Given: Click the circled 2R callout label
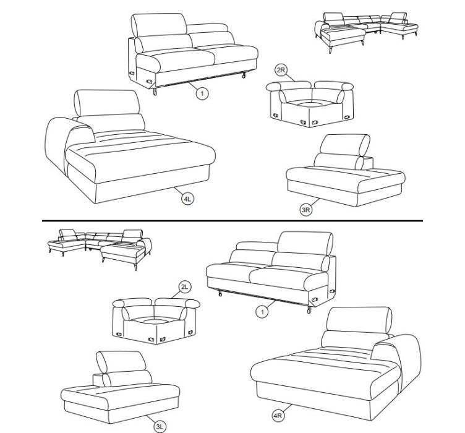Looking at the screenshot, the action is (x=281, y=71).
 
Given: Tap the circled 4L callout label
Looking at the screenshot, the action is (x=187, y=199).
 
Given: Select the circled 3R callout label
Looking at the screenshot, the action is (x=305, y=210).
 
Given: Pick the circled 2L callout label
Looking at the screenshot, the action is (x=185, y=287).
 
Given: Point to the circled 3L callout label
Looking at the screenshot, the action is (x=160, y=427).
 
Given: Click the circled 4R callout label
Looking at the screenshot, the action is (x=278, y=416).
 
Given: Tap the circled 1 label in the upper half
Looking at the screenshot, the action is (x=202, y=94).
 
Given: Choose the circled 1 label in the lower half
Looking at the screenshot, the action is (x=262, y=312).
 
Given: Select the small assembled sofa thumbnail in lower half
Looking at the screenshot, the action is (x=100, y=249).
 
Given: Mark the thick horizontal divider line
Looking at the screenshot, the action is (x=232, y=221).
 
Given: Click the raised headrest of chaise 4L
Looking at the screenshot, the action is (x=107, y=103).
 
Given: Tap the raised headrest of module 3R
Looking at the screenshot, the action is (x=345, y=145).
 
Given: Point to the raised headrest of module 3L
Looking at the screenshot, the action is (x=121, y=361).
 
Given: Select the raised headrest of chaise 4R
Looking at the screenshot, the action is (x=359, y=320).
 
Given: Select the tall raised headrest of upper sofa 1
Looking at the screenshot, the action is (x=160, y=25).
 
